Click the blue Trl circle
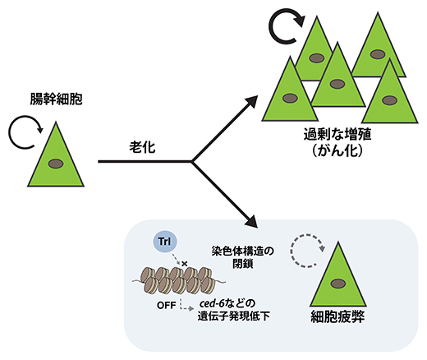(x=162, y=243)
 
